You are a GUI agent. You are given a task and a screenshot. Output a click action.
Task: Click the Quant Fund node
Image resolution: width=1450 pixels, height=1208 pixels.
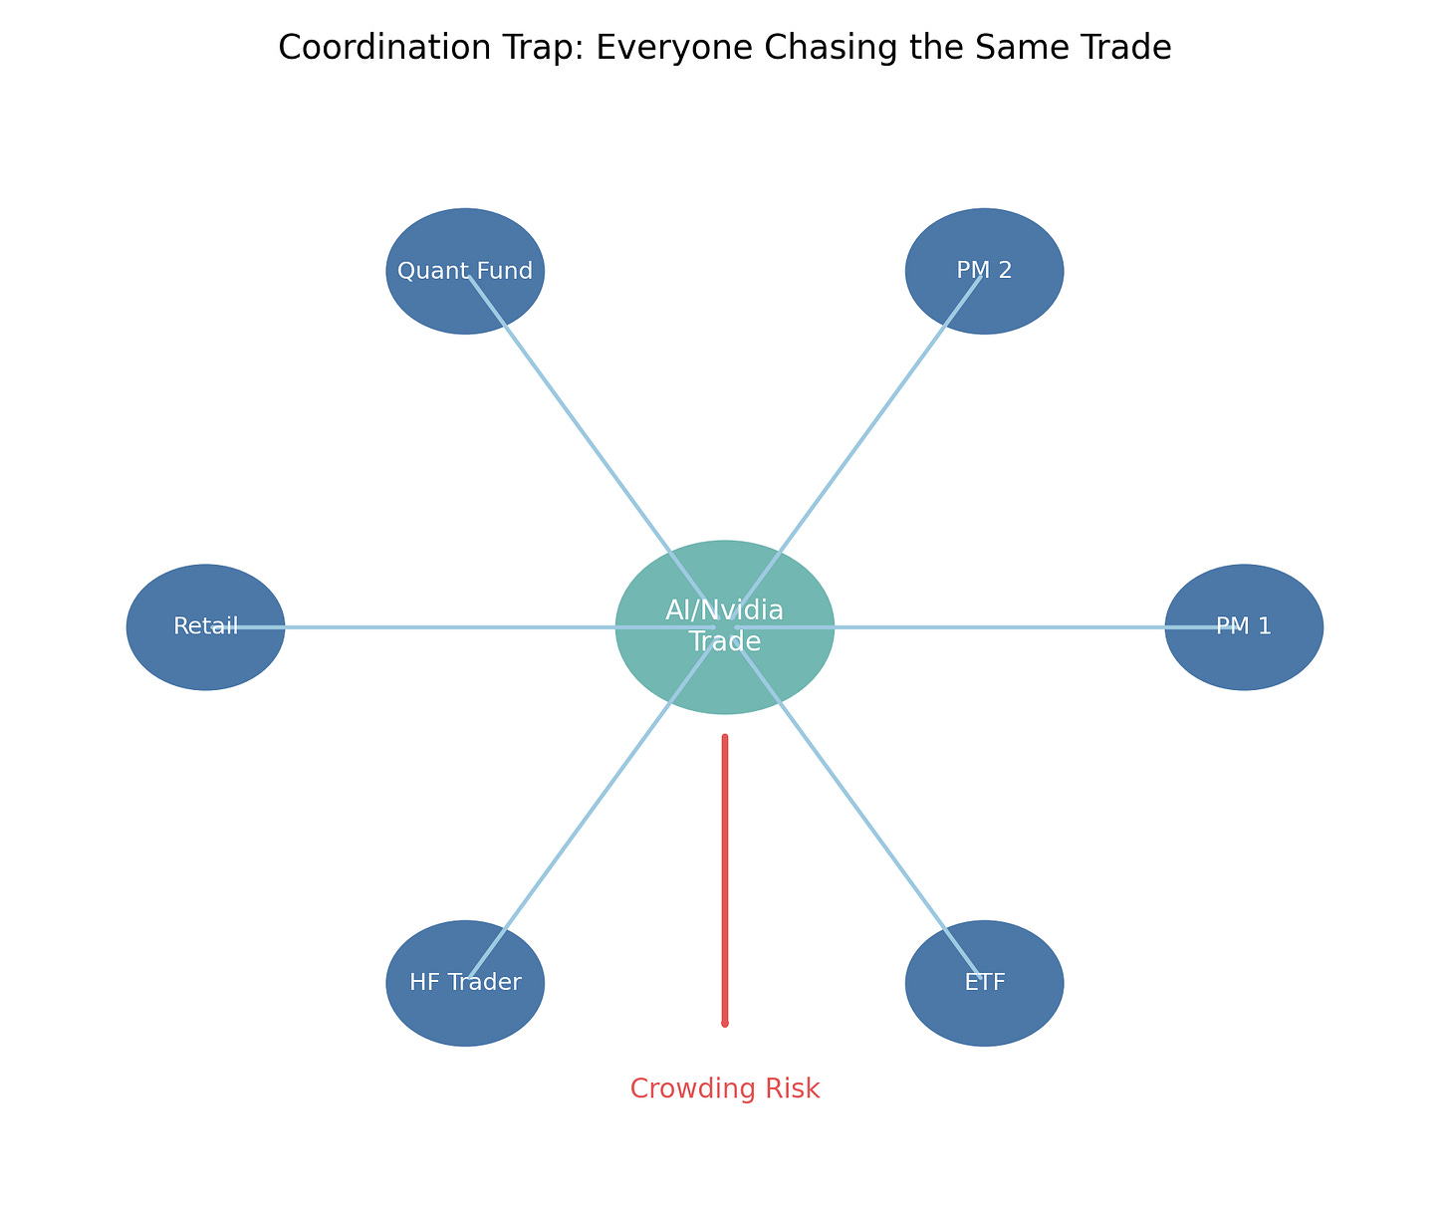[x=465, y=271]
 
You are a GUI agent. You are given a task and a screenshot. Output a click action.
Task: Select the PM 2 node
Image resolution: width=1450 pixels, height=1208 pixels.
[x=984, y=271]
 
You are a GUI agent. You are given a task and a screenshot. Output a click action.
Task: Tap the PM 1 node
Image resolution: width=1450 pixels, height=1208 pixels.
[x=1244, y=627]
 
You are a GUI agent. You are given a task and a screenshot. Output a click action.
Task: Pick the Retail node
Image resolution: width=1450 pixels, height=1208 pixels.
[x=205, y=627]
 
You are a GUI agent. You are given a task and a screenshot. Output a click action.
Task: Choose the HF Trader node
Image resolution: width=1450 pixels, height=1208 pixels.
[x=465, y=983]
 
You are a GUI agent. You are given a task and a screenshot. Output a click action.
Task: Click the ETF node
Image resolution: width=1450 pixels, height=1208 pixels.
[x=984, y=983]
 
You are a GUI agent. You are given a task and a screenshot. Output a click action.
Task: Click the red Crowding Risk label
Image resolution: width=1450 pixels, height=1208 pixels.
[x=725, y=1088]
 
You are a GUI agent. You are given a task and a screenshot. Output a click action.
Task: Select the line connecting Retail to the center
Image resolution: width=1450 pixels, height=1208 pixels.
[x=428, y=627]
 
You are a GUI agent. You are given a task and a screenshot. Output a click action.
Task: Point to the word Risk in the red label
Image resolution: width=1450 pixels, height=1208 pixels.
[x=792, y=1088]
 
